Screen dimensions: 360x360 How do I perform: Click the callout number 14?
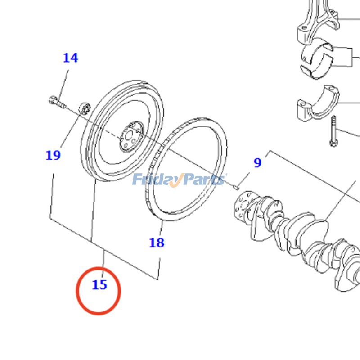tap(70, 58)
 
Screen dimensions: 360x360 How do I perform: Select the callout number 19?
tap(53, 156)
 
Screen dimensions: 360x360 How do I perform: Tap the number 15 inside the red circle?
tap(99, 285)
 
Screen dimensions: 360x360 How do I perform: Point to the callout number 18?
tap(157, 243)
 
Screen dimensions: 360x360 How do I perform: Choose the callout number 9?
tap(257, 163)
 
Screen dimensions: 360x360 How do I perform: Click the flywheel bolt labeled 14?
tap(56, 102)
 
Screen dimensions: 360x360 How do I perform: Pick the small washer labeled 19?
tap(85, 108)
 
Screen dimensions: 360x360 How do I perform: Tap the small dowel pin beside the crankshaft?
tap(237, 185)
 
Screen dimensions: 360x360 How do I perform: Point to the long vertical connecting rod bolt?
tap(333, 130)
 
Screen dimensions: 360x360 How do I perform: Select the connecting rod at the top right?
tap(315, 22)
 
